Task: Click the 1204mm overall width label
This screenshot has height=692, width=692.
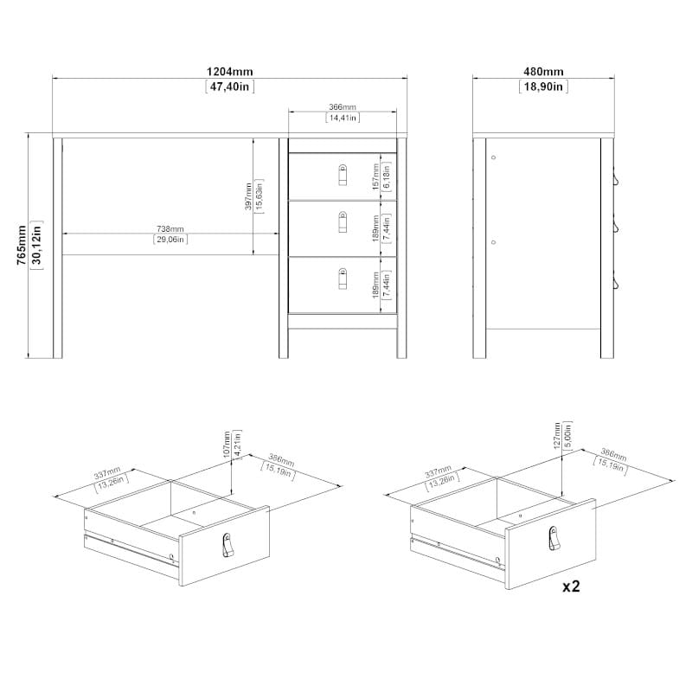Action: pyautogui.click(x=230, y=72)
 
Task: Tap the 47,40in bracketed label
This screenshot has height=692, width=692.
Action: pyautogui.click(x=230, y=86)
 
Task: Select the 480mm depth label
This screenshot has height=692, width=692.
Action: pyautogui.click(x=543, y=72)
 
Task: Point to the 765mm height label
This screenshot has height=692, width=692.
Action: pyautogui.click(x=22, y=245)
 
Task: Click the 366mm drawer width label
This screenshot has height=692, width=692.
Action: pyautogui.click(x=343, y=106)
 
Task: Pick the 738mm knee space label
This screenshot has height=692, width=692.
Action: pyautogui.click(x=170, y=228)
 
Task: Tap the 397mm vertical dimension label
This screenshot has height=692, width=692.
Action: pyautogui.click(x=248, y=196)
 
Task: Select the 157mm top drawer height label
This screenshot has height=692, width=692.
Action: pyautogui.click(x=375, y=177)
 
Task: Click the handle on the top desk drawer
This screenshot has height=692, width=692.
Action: pyautogui.click(x=343, y=175)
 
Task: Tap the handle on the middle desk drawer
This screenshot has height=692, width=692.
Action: pyautogui.click(x=343, y=221)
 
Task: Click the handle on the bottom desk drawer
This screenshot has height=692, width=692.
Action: pyautogui.click(x=343, y=279)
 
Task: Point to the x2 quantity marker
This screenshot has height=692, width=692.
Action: pyautogui.click(x=571, y=586)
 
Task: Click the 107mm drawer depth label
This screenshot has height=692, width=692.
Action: pyautogui.click(x=227, y=445)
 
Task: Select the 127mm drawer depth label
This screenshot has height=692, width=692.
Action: pyautogui.click(x=557, y=435)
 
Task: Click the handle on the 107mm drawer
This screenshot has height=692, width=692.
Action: pyautogui.click(x=227, y=545)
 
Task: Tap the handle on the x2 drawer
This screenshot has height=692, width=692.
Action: pyautogui.click(x=554, y=538)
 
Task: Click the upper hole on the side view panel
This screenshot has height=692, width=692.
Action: pyautogui.click(x=493, y=157)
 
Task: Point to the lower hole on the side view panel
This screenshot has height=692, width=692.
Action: pyautogui.click(x=493, y=242)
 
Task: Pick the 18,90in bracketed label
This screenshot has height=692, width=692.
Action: pyautogui.click(x=543, y=86)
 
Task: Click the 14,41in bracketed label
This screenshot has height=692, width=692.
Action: pyautogui.click(x=343, y=118)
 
